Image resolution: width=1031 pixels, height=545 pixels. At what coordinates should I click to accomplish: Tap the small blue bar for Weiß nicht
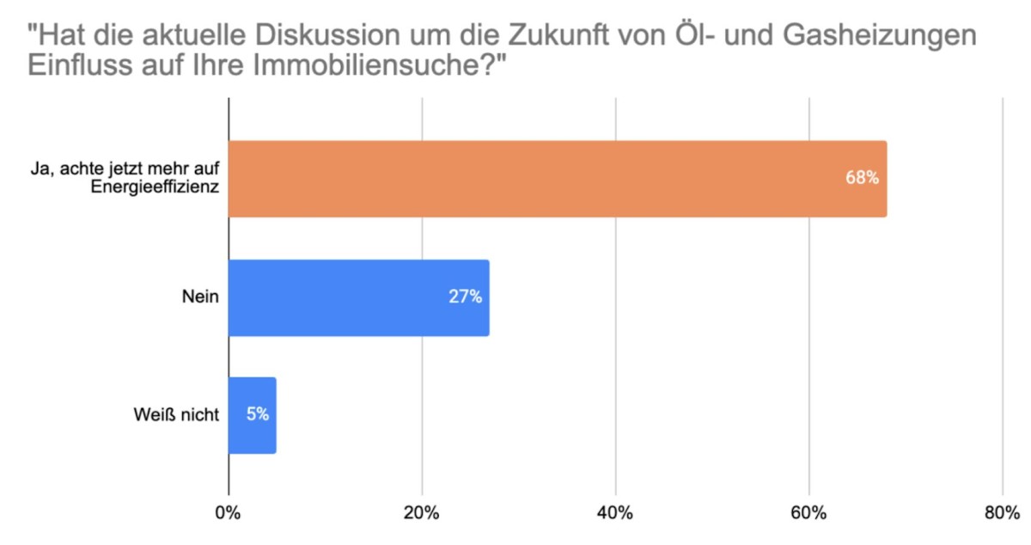coord(252,415)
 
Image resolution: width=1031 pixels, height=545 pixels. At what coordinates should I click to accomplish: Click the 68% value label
coord(861,179)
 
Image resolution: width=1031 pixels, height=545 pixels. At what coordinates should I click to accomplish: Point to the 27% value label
coord(465,297)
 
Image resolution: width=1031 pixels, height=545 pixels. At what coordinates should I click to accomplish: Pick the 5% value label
coord(258,415)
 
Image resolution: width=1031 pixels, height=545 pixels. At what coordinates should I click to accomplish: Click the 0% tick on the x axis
coord(229,513)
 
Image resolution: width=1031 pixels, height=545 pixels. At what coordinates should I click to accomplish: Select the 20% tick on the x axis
coord(422,513)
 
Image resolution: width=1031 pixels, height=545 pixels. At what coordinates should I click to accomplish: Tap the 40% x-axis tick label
coord(616,513)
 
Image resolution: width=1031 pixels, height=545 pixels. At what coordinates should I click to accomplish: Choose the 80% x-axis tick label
coord(1001,513)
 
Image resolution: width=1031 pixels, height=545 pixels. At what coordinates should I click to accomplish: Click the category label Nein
coord(200,297)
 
